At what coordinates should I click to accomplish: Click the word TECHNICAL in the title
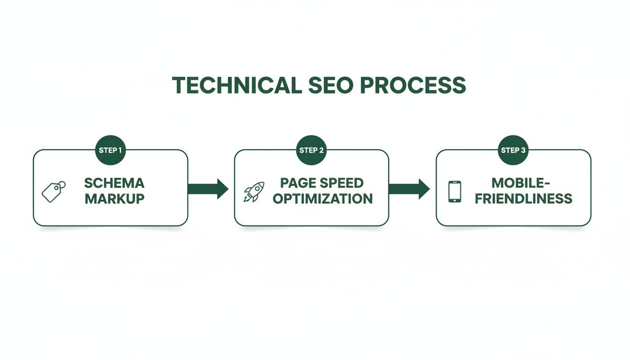pos(236,85)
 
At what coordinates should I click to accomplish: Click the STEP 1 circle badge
pos(111,150)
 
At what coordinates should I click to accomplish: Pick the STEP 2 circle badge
pos(312,150)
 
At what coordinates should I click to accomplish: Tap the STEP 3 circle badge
pos(513,150)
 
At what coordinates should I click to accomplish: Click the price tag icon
pos(53,191)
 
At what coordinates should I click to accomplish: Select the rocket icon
pos(254,192)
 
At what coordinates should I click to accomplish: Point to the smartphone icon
pos(454,191)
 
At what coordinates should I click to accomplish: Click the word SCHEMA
pos(115,183)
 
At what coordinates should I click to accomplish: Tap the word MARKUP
pos(115,198)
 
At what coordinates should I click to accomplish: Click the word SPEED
pos(343,183)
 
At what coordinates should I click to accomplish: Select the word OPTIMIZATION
pos(322,198)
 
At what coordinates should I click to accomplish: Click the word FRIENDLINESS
pos(523,198)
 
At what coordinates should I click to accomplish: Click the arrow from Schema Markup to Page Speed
pos(208,189)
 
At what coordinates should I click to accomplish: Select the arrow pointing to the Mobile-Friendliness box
pos(409,189)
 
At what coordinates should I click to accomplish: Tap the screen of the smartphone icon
pos(454,191)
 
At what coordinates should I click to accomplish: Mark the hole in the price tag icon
pos(61,185)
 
